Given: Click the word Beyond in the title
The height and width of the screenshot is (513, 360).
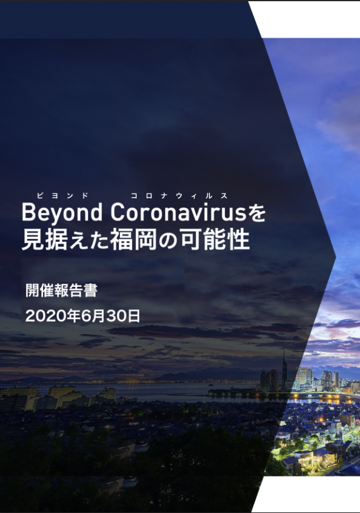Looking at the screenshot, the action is point(62,213).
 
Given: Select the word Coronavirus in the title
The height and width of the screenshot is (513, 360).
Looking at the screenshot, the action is point(178,212).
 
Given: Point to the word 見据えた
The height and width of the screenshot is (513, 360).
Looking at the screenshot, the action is point(65,240).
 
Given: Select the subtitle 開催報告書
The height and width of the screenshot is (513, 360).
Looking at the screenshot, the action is point(61,290).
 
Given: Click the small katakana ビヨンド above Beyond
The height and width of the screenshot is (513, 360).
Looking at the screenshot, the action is point(62,196).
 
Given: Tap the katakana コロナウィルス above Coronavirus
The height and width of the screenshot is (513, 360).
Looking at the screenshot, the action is point(179,196).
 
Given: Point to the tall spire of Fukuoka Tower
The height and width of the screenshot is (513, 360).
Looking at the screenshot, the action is point(284,366).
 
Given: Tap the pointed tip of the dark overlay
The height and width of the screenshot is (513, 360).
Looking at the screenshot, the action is point(336,257).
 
